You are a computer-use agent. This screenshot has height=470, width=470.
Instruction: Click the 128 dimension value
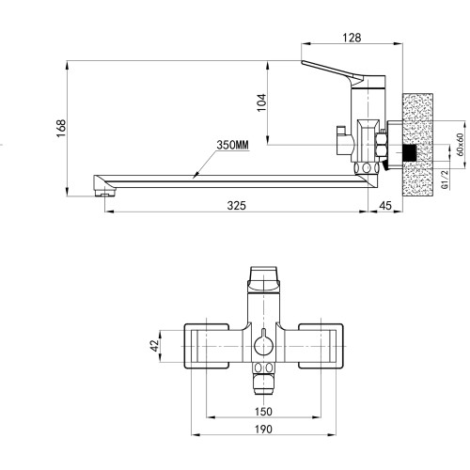(x=352, y=38)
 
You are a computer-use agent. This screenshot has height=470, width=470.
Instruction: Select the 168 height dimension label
(x=61, y=128)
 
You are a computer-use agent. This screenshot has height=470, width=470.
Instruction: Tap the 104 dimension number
(x=261, y=102)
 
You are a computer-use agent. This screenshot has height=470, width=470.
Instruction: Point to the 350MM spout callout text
(x=232, y=145)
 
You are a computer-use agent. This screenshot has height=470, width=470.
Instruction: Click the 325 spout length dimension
(x=237, y=206)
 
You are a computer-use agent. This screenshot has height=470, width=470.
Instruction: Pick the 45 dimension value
(x=385, y=206)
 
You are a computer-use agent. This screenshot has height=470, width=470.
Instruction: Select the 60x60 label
(x=460, y=145)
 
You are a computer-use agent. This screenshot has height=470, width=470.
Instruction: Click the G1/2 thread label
(x=445, y=180)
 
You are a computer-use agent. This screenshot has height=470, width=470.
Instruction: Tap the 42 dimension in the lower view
(x=155, y=346)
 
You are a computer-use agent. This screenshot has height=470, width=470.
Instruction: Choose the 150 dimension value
(x=263, y=412)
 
